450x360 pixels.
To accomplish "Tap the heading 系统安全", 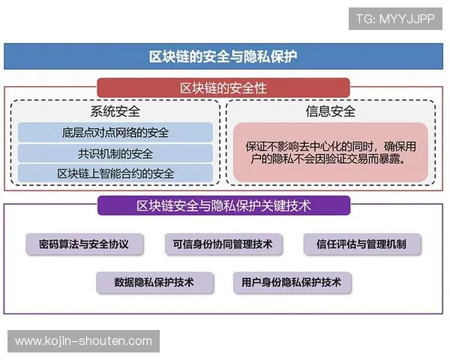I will [115, 112].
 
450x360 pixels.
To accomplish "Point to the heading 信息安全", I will [330, 112].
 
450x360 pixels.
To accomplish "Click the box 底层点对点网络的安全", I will [115, 133].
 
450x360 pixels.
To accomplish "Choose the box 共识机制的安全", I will [115, 154].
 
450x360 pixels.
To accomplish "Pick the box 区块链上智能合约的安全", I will [115, 174].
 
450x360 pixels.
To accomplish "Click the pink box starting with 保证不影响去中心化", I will [330, 153].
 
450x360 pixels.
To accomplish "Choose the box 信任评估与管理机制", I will [362, 244].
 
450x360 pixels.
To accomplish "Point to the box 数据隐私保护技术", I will [154, 283].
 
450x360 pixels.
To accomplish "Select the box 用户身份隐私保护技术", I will [292, 283].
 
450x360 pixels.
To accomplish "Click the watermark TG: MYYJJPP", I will [395, 19].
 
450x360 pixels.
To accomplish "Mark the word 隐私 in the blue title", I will [259, 57].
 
